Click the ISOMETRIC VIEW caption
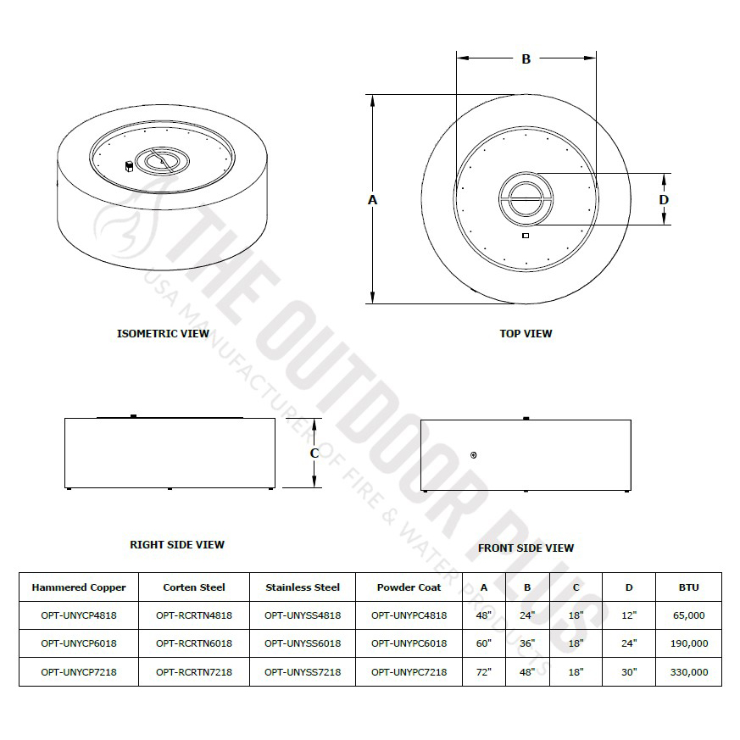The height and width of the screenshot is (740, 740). tap(163, 333)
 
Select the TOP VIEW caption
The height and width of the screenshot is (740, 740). tap(526, 333)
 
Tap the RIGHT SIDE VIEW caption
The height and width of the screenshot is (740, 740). tap(177, 544)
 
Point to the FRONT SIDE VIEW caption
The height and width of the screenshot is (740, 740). tap(526, 548)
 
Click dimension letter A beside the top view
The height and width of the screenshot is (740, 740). tap(372, 199)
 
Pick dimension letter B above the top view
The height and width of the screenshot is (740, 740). tap(526, 59)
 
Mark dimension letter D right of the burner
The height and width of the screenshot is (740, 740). tap(665, 200)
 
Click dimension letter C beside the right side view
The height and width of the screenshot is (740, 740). tap(314, 453)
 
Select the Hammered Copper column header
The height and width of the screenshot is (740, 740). tap(79, 587)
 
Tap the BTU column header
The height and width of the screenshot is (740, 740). tap(688, 587)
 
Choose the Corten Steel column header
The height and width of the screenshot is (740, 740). tap(194, 587)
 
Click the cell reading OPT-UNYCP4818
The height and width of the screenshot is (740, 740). tap(79, 615)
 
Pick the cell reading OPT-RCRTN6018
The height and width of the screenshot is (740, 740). tap(194, 643)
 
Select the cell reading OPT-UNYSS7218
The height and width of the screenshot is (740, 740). tap(303, 671)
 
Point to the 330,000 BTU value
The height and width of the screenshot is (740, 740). tap(688, 671)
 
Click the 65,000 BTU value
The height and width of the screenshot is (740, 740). tap(688, 615)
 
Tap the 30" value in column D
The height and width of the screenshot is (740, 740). tap(628, 671)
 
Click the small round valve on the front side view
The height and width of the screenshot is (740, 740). tap(473, 455)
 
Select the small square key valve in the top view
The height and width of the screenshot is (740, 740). tap(526, 236)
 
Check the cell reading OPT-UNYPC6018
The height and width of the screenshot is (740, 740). tap(409, 643)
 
